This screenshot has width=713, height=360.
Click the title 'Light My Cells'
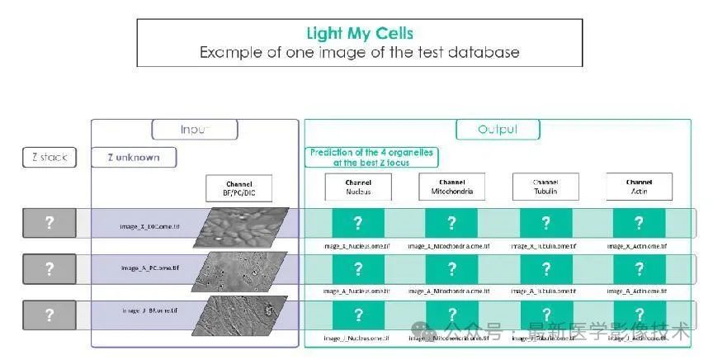(359, 34)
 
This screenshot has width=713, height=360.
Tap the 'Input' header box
(195, 130)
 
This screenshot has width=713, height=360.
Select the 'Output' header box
(498, 130)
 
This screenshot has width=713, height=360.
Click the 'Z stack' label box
(50, 157)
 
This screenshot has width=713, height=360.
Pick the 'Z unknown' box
(134, 157)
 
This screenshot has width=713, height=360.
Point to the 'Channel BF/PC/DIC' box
(238, 188)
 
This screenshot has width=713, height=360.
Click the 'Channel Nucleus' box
(358, 187)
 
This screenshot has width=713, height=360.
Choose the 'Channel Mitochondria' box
(451, 187)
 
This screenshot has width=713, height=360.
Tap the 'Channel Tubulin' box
(545, 187)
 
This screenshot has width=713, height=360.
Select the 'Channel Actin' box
(639, 187)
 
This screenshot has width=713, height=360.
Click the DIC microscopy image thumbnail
(241, 226)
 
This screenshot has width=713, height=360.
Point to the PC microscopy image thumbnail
(241, 271)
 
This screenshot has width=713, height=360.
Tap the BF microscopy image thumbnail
(241, 315)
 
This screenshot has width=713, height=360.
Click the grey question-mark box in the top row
(49, 224)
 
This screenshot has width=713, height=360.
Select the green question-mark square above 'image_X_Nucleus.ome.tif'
(358, 223)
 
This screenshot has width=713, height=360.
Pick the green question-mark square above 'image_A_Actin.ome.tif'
(639, 269)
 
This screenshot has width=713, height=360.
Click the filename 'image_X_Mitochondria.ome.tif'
(451, 246)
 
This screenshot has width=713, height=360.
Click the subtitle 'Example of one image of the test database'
(359, 52)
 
